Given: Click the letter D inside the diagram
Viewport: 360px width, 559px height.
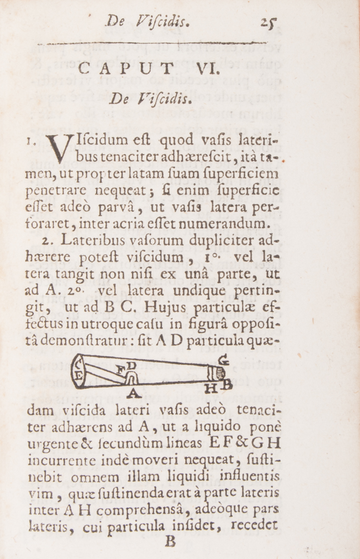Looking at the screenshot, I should click(x=131, y=366).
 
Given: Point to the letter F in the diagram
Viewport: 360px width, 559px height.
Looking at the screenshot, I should click(x=121, y=369).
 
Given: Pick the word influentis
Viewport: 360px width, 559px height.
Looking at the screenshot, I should click(x=246, y=477).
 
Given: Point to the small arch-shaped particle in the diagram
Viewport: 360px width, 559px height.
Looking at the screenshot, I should click(x=132, y=377).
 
